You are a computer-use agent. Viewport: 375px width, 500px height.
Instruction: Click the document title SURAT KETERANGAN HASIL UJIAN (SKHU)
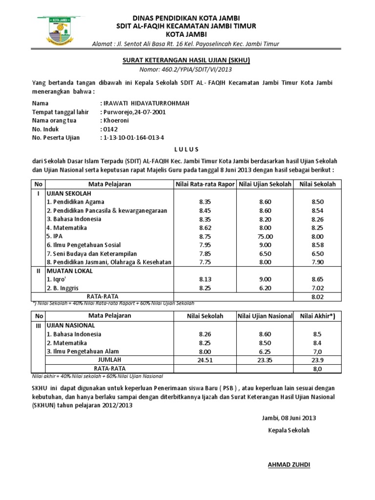(x=187, y=61)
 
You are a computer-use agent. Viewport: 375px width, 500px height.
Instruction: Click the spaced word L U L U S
(x=187, y=149)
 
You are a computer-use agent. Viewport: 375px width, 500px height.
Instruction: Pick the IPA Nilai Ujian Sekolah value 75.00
(x=265, y=236)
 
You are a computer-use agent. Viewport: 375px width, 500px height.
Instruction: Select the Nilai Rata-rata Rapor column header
(x=205, y=184)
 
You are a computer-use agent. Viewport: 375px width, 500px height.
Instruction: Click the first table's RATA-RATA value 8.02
(x=317, y=297)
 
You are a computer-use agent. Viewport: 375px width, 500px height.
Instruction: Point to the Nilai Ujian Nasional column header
(x=265, y=316)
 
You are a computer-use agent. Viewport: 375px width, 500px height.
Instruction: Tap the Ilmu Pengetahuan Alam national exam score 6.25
(x=265, y=351)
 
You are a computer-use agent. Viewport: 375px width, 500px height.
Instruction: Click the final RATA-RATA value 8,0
(x=317, y=369)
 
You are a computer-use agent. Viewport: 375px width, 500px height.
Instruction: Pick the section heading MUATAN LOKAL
(x=69, y=271)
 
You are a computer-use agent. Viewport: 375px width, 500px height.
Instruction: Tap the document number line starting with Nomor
(x=187, y=69)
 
